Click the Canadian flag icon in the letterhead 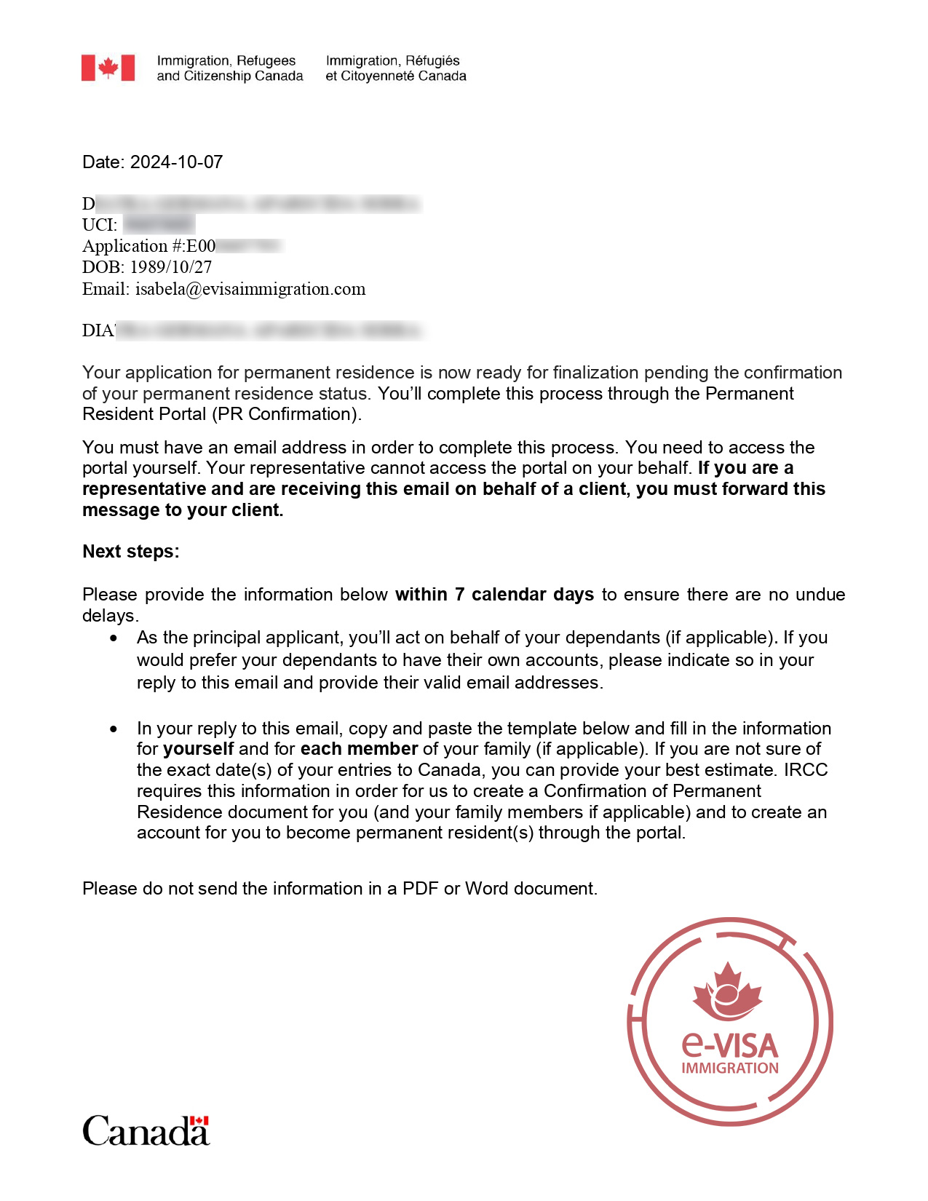[x=108, y=68]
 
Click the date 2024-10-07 [x=176, y=162]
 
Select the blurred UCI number [x=159, y=225]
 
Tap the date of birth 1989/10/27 [x=170, y=267]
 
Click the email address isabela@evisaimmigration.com [x=250, y=289]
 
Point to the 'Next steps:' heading [x=131, y=551]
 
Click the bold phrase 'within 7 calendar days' [x=494, y=594]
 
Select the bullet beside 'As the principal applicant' [x=114, y=638]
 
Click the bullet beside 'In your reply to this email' [x=114, y=729]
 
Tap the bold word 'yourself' [x=198, y=749]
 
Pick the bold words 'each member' [x=359, y=749]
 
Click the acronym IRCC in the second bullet [x=805, y=770]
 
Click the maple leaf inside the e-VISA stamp [x=727, y=991]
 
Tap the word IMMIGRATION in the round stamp [x=730, y=1069]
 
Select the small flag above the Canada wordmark [x=199, y=1121]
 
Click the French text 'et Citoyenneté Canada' [x=396, y=76]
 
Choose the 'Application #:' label [x=134, y=246]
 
